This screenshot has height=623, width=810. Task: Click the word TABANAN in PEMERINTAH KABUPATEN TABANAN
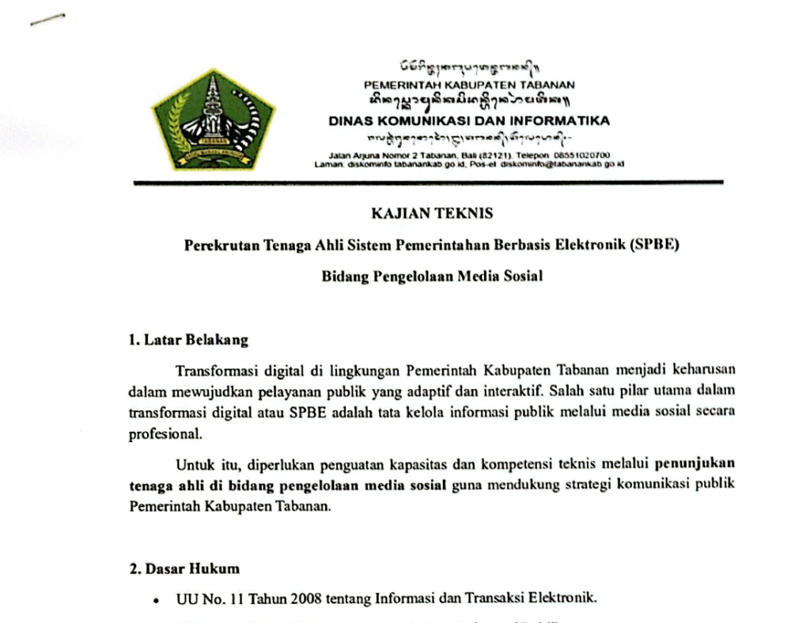(551, 85)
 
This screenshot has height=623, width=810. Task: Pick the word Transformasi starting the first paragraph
(212, 370)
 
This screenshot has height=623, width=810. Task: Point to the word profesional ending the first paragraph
(159, 434)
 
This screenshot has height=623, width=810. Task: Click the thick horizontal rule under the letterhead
(427, 183)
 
